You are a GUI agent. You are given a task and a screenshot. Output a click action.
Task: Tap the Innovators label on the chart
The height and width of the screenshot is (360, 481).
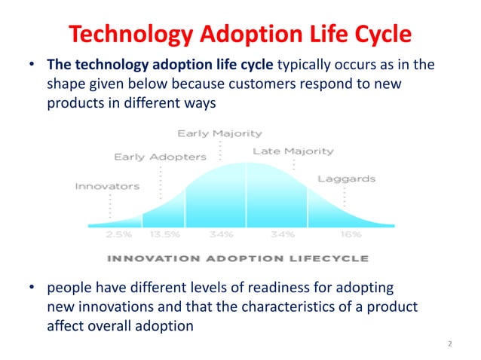pos(106,186)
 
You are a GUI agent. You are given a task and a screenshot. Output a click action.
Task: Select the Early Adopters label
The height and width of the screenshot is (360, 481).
pos(159,157)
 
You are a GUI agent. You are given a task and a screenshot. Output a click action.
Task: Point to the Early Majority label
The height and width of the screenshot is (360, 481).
pos(219,133)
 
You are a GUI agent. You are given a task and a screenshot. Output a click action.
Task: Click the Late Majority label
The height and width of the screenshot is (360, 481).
pos(293,151)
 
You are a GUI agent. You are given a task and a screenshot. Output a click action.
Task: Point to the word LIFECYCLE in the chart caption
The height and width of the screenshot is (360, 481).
pos(330,258)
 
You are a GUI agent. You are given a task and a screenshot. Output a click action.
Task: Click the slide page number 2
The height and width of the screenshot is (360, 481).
pos(449,344)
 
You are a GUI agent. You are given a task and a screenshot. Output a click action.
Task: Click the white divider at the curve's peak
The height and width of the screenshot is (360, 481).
pos(245,194)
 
